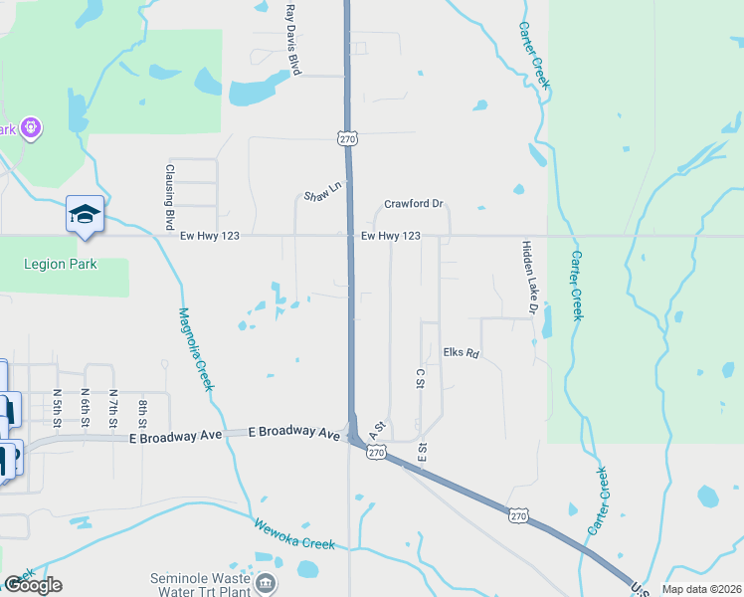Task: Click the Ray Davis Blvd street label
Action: coord(292,39)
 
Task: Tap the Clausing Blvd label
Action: coord(170,197)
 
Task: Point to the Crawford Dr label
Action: coord(414,204)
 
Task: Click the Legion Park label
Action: coord(60,264)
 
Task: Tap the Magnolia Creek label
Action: coord(196,348)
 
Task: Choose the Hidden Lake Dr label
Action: coord(528,280)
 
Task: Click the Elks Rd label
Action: coord(462,353)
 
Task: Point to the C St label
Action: coord(420,378)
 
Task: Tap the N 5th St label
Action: coord(58,407)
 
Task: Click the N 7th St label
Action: coord(114,407)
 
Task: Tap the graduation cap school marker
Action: coord(85,213)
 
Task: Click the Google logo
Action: coord(33,585)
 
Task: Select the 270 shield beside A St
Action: coord(375,452)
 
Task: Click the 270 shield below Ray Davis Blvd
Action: coord(347,139)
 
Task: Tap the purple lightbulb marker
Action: coord(31,128)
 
